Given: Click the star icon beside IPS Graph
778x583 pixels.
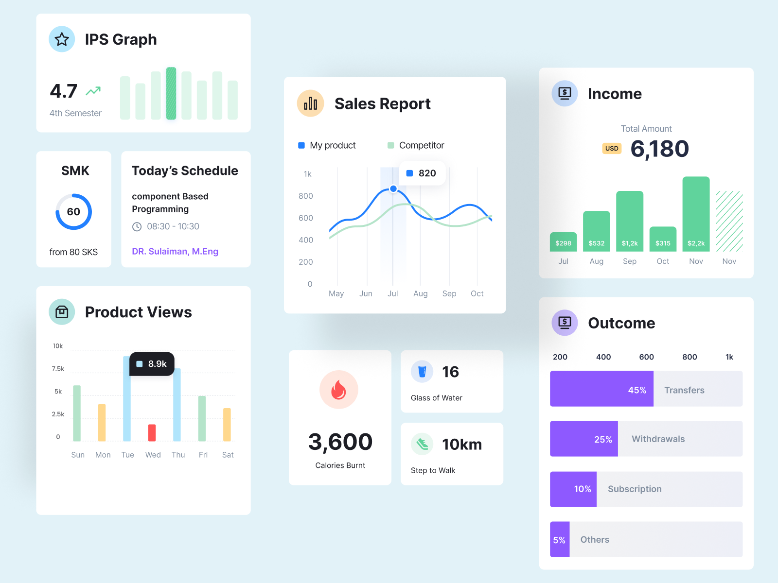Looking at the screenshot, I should tap(62, 39).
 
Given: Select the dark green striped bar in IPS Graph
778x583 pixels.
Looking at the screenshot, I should tap(171, 93).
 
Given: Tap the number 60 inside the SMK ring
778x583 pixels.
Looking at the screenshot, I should tap(73, 212).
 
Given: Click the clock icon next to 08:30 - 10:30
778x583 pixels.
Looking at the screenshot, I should tap(137, 227).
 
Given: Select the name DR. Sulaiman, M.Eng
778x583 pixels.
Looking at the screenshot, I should tap(175, 251).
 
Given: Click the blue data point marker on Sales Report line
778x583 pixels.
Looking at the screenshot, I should tap(393, 189).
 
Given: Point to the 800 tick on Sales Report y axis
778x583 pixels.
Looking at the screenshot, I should tap(306, 196).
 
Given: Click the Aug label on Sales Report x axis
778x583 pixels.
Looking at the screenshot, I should tap(420, 293).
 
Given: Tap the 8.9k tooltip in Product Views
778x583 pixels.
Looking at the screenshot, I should tap(152, 364).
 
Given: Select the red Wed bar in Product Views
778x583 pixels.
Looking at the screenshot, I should tap(152, 432).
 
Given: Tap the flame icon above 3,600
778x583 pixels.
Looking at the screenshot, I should tap(339, 390).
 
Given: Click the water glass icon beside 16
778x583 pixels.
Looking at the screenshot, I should tap(422, 372).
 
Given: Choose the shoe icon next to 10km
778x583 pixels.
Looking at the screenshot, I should tap(422, 444).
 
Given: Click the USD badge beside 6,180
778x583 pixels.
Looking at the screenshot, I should tap(612, 149).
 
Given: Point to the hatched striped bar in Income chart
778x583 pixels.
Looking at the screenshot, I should tap(729, 221).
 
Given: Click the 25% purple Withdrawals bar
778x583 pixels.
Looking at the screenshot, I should tap(583, 439).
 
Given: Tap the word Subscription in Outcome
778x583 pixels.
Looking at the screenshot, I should tap(635, 489).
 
